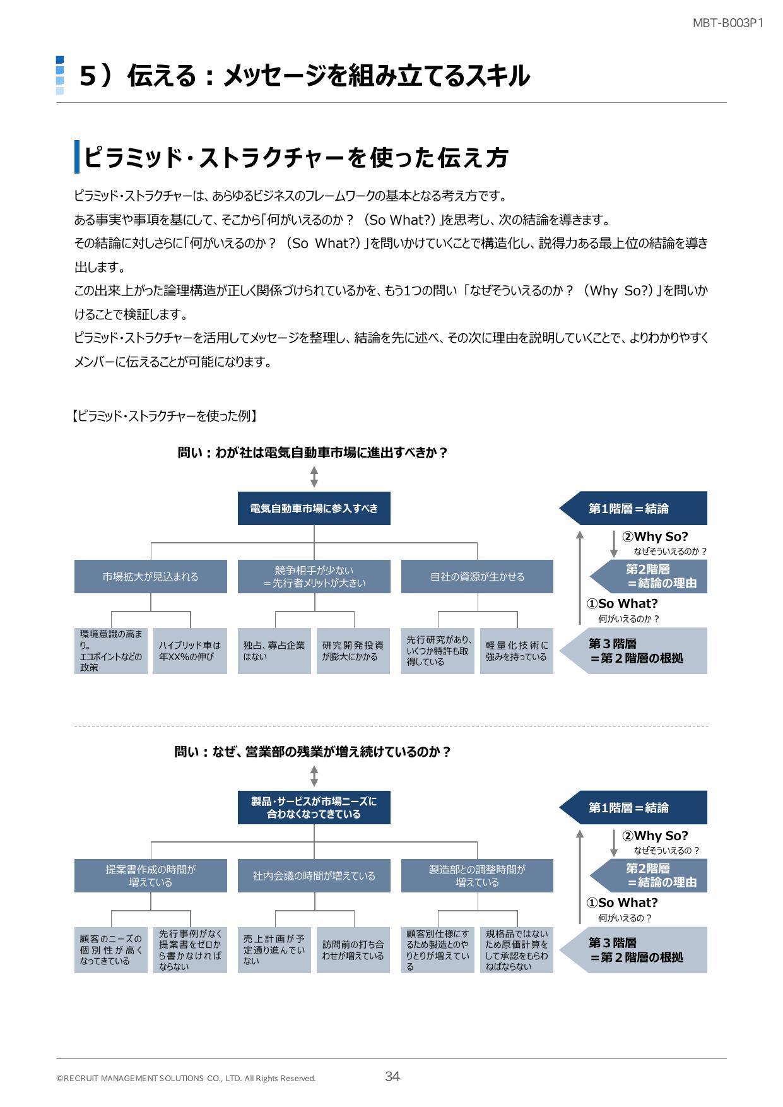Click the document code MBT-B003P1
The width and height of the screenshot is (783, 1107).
click(728, 23)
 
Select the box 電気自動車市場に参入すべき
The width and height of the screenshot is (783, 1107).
click(314, 509)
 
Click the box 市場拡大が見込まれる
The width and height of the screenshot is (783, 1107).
click(150, 577)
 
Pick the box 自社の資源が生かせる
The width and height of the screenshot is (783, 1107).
click(477, 577)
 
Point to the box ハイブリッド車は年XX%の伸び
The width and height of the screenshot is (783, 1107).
click(190, 651)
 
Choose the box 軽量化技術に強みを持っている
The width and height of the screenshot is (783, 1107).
click(516, 651)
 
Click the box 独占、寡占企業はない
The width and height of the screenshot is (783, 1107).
click(274, 651)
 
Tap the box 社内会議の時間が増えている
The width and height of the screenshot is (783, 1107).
click(314, 876)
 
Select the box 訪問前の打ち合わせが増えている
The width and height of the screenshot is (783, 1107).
click(353, 950)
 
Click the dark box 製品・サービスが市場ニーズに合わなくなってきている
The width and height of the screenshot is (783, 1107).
click(314, 808)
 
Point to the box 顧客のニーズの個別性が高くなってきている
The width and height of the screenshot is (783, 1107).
click(110, 950)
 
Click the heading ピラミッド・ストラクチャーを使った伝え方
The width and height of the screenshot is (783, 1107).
click(297, 158)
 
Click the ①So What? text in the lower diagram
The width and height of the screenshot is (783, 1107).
click(622, 903)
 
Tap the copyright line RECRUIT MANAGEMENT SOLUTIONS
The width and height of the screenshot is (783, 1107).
click(185, 1079)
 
